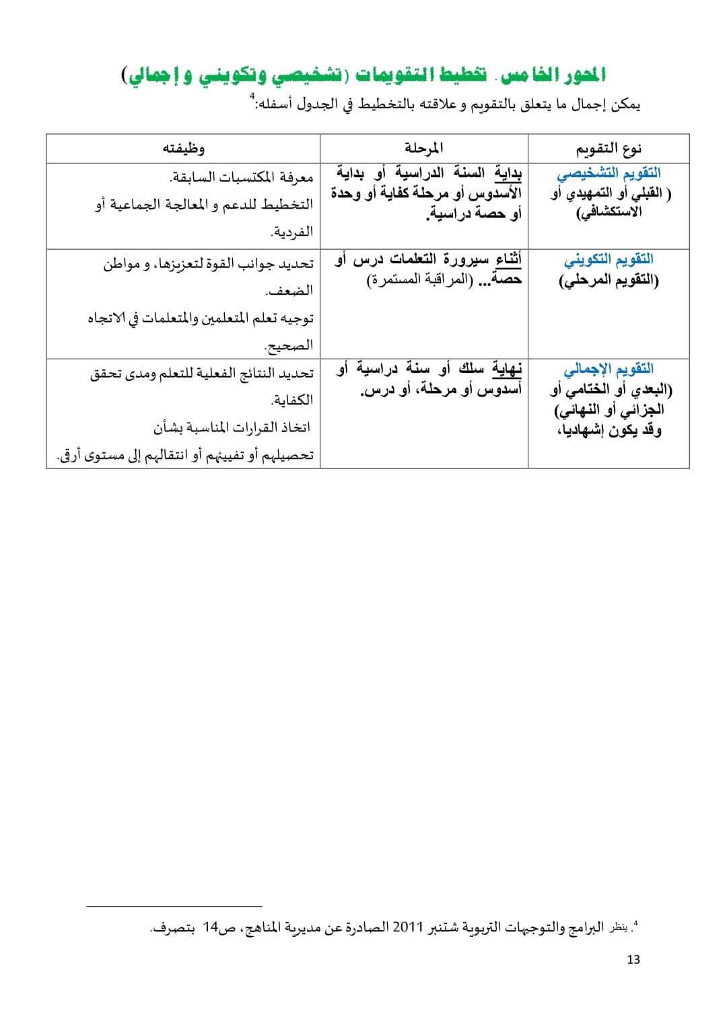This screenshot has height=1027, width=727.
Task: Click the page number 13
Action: [x=633, y=960]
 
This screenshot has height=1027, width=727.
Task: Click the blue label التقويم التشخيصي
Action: [x=609, y=173]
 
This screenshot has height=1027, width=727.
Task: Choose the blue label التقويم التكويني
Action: [x=609, y=259]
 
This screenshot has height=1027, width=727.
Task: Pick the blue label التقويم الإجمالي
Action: [x=609, y=369]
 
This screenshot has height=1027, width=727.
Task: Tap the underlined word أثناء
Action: [x=509, y=259]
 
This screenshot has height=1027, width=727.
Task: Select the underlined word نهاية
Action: [x=509, y=369]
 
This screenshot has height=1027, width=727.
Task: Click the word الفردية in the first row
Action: [x=291, y=232]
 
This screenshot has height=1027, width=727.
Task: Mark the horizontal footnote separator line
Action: [x=174, y=907]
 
